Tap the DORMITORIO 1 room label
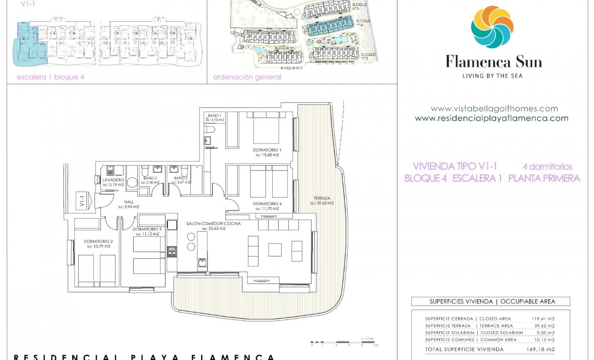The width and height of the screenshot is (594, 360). (267, 150)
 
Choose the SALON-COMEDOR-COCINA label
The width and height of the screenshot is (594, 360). (213, 224)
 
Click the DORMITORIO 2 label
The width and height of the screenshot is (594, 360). (98, 241)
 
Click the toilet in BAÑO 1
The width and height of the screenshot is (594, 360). (209, 130)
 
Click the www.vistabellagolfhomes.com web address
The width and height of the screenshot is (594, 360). (494, 108)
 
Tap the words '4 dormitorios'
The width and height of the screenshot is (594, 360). (547, 166)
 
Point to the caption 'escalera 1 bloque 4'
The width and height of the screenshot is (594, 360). (50, 77)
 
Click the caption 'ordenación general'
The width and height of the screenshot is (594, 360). (247, 77)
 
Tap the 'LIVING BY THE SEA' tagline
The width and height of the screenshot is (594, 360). (492, 76)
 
